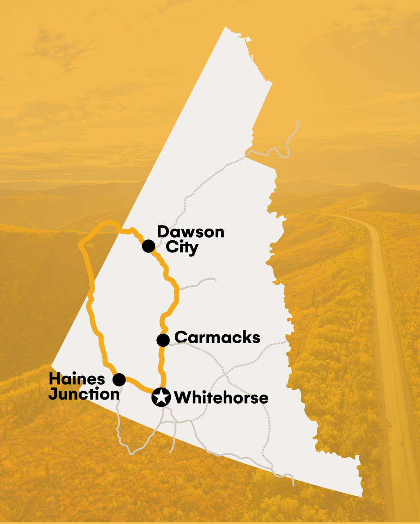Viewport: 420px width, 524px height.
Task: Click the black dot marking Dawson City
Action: (x=148, y=246)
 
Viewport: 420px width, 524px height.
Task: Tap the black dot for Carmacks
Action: (x=163, y=340)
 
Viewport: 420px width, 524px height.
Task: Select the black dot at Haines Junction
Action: (x=119, y=380)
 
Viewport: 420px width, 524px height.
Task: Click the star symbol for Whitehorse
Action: (x=160, y=397)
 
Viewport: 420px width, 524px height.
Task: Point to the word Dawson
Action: (x=191, y=232)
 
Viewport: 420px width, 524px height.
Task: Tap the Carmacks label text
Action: (x=217, y=337)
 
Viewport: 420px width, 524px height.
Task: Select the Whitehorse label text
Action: (x=221, y=397)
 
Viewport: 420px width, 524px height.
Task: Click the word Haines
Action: (x=77, y=379)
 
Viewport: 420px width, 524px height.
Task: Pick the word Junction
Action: (x=84, y=394)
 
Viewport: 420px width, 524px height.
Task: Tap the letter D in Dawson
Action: (x=163, y=232)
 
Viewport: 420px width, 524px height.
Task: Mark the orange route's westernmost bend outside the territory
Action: (x=80, y=245)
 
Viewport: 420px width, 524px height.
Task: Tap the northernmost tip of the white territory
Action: (x=225, y=28)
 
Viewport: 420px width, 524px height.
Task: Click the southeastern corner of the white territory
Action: (x=361, y=496)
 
